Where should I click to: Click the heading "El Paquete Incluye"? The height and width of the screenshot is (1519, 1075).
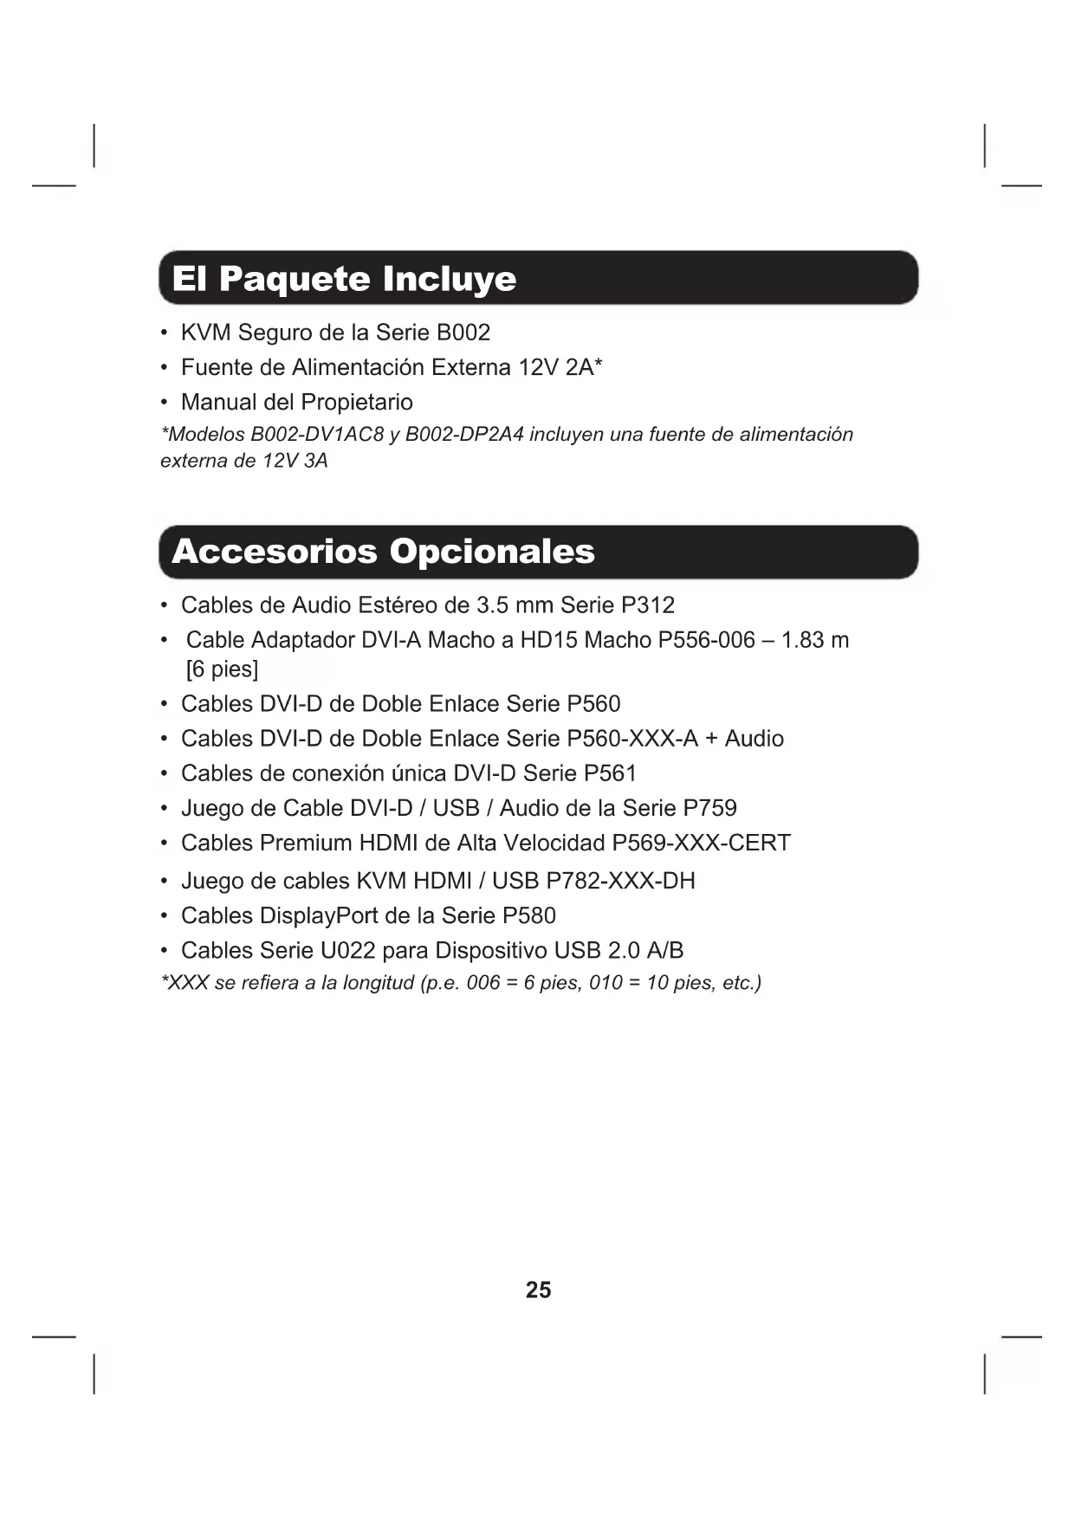(x=344, y=279)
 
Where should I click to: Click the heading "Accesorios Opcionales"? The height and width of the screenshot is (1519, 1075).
(x=383, y=552)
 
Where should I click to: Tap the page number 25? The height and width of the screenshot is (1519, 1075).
(x=538, y=1290)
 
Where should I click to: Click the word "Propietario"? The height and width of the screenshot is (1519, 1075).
(x=360, y=402)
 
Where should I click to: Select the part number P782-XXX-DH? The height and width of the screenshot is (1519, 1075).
(x=620, y=881)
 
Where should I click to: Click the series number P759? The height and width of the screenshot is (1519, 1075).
(x=709, y=808)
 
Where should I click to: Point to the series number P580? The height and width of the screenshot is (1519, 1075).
(x=528, y=915)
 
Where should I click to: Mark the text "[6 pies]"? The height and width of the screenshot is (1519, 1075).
(x=223, y=669)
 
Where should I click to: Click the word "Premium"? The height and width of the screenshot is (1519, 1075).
(x=306, y=843)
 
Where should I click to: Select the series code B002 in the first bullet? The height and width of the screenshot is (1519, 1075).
(x=463, y=333)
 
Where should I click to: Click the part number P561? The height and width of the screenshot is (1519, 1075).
(x=610, y=773)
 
